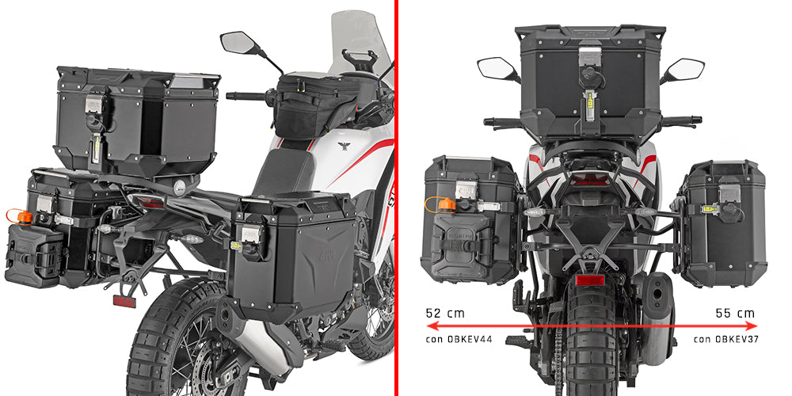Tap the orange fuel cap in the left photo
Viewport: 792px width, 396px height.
25,216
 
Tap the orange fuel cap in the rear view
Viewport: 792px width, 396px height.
448,205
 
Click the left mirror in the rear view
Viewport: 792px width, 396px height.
497,67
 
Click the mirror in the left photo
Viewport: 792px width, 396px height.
236,42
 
